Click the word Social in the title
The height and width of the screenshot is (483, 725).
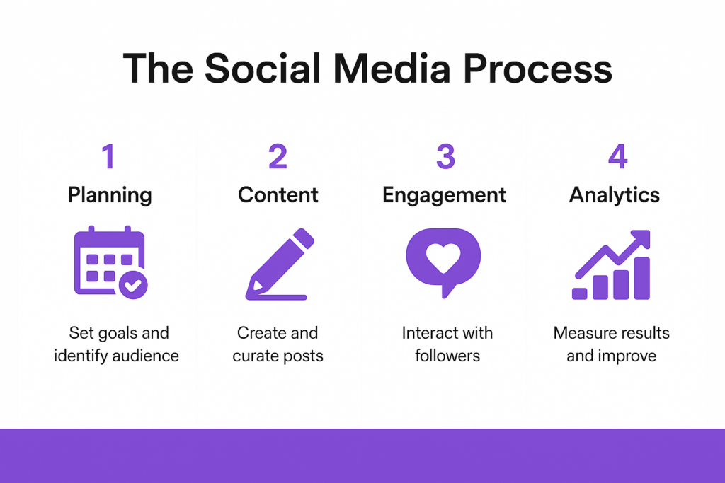pos(263,69)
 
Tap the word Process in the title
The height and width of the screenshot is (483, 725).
pos(537,69)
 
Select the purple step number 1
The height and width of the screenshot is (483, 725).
pos(108,156)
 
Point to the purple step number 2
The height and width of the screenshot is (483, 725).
pos(278,156)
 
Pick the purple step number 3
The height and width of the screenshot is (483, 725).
pos(446,156)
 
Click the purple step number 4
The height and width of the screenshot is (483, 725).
pos(617,156)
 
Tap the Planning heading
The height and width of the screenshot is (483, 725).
pos(110,196)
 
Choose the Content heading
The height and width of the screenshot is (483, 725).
pos(278,195)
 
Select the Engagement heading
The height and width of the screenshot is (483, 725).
pos(444,196)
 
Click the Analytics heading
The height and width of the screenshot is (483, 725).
pos(614,196)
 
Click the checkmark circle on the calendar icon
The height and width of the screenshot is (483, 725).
pos(133,285)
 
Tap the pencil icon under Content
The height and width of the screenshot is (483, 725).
pos(280,264)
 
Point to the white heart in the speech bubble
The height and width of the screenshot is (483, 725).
pos(443,257)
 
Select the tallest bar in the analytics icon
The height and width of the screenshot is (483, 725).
pos(641,279)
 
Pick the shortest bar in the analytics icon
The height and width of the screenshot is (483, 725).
pos(579,293)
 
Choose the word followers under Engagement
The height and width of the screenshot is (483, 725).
pos(447,356)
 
